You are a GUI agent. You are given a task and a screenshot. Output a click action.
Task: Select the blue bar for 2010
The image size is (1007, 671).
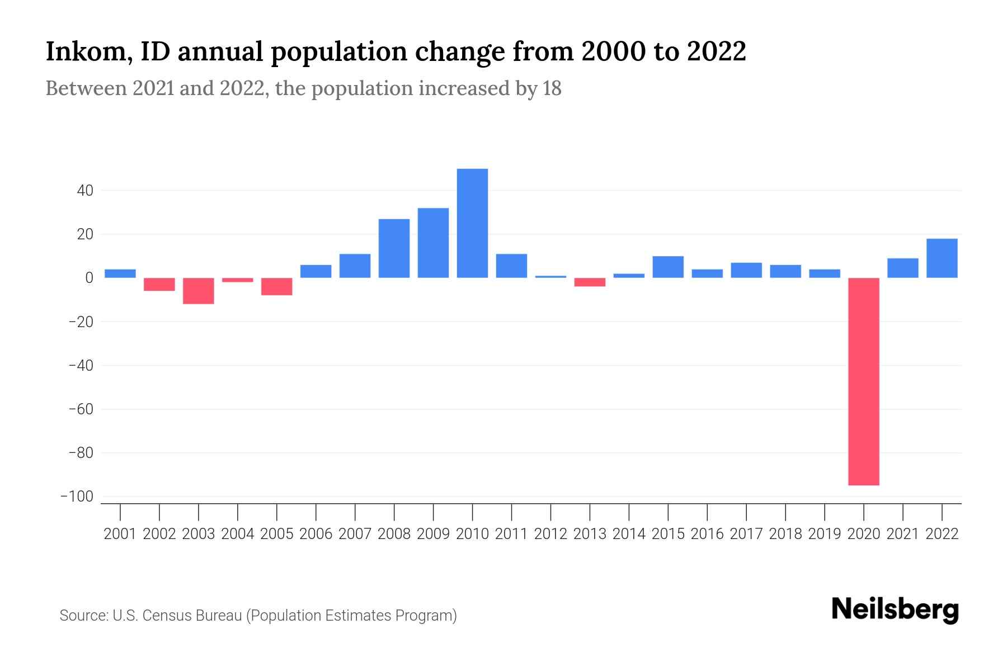coord(472,223)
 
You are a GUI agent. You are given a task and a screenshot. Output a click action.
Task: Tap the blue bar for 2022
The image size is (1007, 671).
coord(942,258)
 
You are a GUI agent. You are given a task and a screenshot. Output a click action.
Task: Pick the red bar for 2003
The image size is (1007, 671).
coord(199,291)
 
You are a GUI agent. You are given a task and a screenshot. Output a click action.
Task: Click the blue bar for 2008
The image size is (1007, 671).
coord(394,248)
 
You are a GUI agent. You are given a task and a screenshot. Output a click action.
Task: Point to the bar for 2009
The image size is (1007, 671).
coord(433,243)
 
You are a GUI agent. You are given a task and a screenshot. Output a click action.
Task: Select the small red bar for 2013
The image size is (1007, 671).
coord(590,282)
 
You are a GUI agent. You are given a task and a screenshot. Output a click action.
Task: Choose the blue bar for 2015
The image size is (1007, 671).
coord(668,267)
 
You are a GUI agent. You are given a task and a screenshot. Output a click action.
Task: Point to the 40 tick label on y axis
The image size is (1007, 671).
coord(85,191)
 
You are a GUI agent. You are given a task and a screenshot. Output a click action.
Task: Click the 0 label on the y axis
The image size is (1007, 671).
coord(89,278)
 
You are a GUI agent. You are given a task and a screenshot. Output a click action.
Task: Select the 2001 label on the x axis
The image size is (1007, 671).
coord(120,534)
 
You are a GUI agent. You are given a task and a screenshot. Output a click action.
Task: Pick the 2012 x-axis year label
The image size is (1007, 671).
coord(550,534)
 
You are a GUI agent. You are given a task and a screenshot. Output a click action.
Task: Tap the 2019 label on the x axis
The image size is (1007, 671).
coord(825,534)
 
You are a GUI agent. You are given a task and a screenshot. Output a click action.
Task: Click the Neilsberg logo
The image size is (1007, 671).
coord(895,609)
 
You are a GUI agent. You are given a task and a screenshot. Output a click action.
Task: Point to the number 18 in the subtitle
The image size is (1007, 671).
coord(551,88)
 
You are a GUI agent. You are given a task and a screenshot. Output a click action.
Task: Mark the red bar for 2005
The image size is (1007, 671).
coord(277,286)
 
